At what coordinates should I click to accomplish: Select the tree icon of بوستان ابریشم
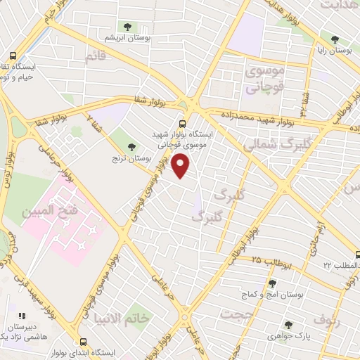pyautogui.click(x=127, y=26)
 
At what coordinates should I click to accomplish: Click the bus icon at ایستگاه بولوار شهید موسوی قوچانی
pyautogui.click(x=183, y=120)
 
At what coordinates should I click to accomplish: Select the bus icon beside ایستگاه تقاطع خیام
pyautogui.click(x=13, y=56)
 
